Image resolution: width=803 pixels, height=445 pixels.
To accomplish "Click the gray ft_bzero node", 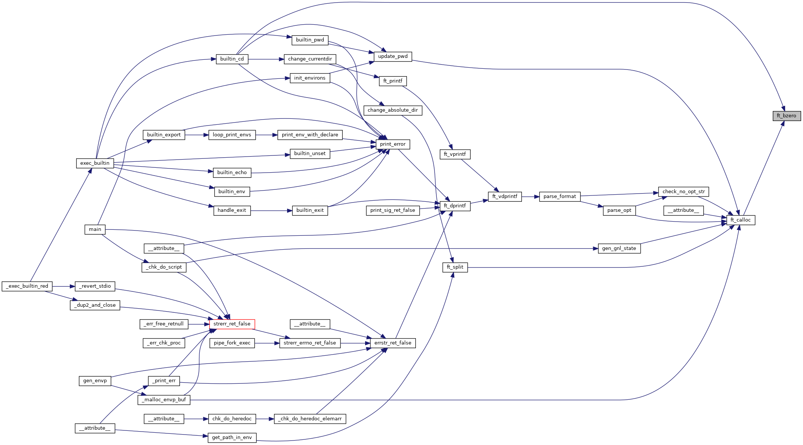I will coord(787,116).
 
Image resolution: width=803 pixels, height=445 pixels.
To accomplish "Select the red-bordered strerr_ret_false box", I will coord(232,324).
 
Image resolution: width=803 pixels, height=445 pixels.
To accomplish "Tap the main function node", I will coord(95,229).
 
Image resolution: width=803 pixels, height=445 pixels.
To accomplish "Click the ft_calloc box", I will coord(740,220).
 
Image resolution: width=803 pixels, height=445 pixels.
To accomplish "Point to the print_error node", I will coord(392,144).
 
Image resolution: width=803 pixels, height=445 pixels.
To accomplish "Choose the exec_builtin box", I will coord(95,163).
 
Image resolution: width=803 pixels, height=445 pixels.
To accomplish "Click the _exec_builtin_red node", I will coord(27,286).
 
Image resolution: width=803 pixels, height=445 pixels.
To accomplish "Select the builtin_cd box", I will coord(232,59).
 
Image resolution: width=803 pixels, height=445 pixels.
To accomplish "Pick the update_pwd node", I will coord(393,56).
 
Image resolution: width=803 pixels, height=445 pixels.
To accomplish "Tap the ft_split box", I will coord(455,267).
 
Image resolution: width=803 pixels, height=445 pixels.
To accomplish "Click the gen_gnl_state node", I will coord(619,248).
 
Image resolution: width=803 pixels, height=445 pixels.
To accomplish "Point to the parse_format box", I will coord(560,197).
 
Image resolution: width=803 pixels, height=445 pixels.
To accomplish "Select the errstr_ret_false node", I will coord(393,343).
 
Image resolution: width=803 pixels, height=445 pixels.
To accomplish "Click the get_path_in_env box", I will coord(232,438).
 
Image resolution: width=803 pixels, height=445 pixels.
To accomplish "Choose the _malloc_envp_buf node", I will coord(164,400).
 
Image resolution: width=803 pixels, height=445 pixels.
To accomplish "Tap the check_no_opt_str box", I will coord(684,192).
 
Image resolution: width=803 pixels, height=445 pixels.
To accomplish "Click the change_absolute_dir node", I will coord(393,110).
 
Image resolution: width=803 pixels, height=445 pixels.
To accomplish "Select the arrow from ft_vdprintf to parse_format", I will coord(530,197).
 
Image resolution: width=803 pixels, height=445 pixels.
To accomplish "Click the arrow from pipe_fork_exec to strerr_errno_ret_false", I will coord(267,343).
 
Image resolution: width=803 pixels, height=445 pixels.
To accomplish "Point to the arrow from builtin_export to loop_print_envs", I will coord(197,135).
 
